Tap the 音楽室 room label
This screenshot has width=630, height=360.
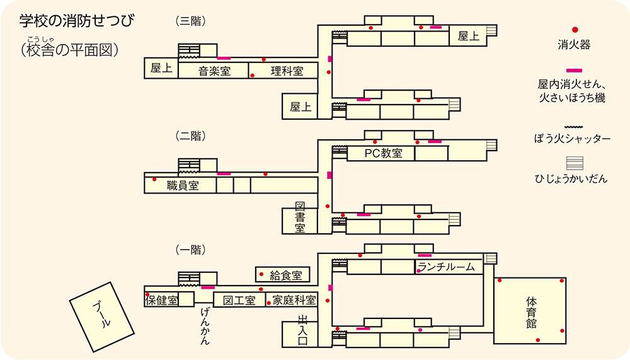(214, 71)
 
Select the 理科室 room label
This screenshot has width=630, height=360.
(287, 71)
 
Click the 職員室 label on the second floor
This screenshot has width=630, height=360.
(183, 185)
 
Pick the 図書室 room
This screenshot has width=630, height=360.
(301, 218)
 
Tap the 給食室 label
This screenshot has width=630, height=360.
(285, 275)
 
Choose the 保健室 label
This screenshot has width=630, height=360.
(162, 300)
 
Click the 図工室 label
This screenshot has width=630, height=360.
(239, 300)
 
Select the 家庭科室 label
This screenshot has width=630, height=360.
(290, 300)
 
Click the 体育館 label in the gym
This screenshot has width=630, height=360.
(531, 312)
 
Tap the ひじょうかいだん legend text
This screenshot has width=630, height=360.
(573, 179)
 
